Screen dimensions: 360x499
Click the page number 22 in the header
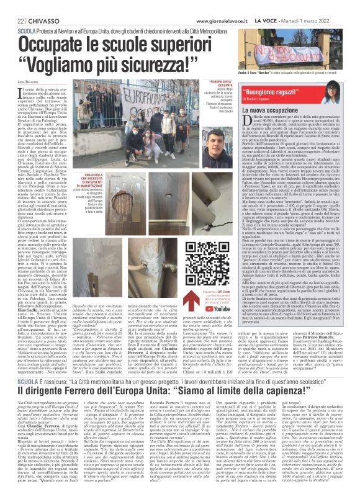pos(12,6)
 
